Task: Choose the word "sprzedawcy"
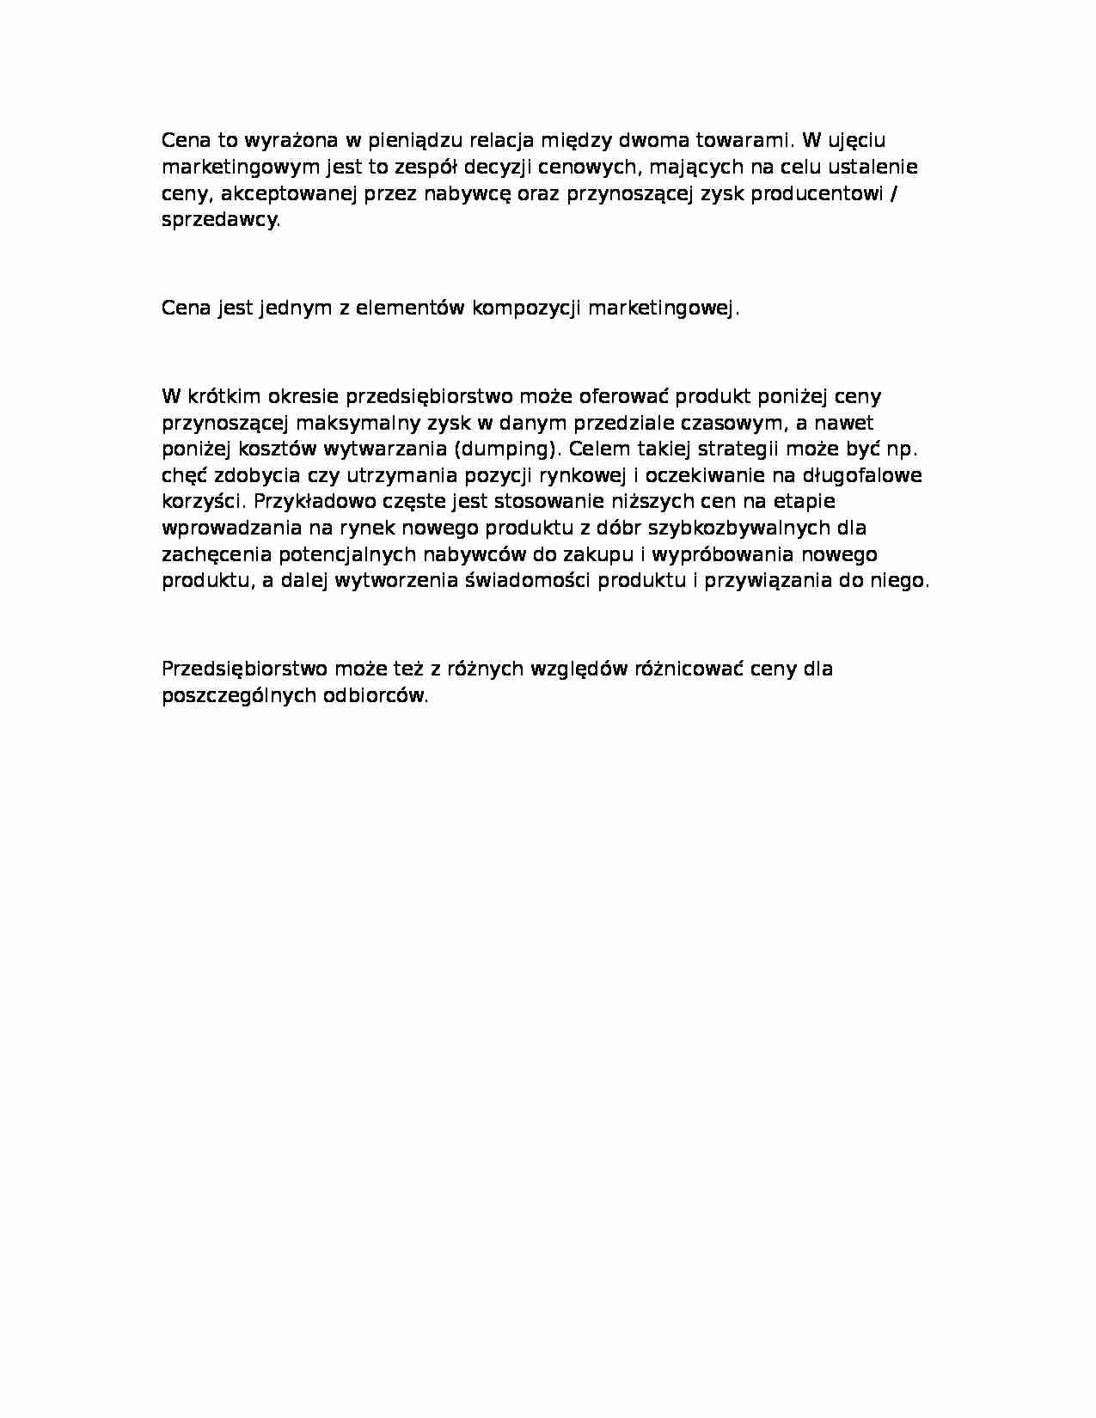click(220, 220)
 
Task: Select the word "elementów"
click(409, 309)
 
